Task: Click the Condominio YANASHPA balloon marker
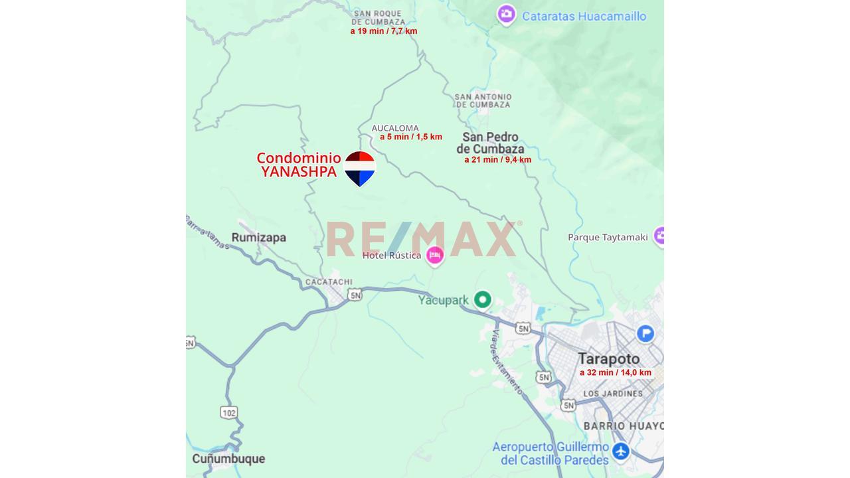click(x=360, y=168)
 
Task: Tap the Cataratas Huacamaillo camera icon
click(x=507, y=15)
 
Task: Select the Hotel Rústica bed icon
click(x=435, y=255)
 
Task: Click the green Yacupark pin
click(x=483, y=300)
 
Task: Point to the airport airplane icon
click(x=621, y=451)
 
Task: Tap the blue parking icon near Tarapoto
click(x=645, y=333)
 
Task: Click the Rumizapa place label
click(x=258, y=238)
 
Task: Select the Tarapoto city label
click(x=608, y=359)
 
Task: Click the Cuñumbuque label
click(x=228, y=459)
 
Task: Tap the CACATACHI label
click(x=329, y=282)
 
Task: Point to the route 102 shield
click(x=228, y=413)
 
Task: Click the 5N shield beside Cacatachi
click(x=355, y=295)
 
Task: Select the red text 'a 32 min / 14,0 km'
click(x=615, y=373)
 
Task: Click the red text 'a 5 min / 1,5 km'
click(x=410, y=137)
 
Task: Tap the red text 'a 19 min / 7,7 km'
click(x=384, y=31)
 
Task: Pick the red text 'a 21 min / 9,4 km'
click(x=497, y=160)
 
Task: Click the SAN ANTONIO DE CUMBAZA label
click(x=483, y=101)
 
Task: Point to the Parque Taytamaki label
click(x=608, y=238)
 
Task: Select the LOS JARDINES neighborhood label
click(x=612, y=394)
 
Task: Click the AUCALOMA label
click(x=395, y=128)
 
